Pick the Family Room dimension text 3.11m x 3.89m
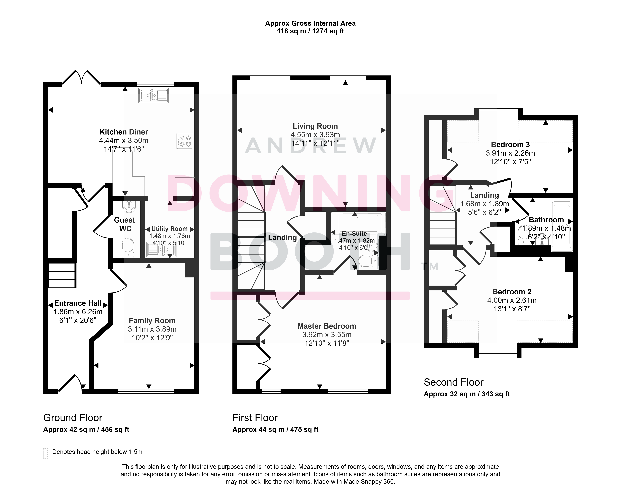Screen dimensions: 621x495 point(152,329)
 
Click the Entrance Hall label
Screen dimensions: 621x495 point(78,303)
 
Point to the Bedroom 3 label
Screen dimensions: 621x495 point(510,145)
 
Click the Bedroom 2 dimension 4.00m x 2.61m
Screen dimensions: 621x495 point(512,300)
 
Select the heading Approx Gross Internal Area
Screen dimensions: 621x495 point(310,23)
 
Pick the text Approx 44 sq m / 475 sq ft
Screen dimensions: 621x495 point(275,430)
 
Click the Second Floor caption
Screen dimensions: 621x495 point(453,382)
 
